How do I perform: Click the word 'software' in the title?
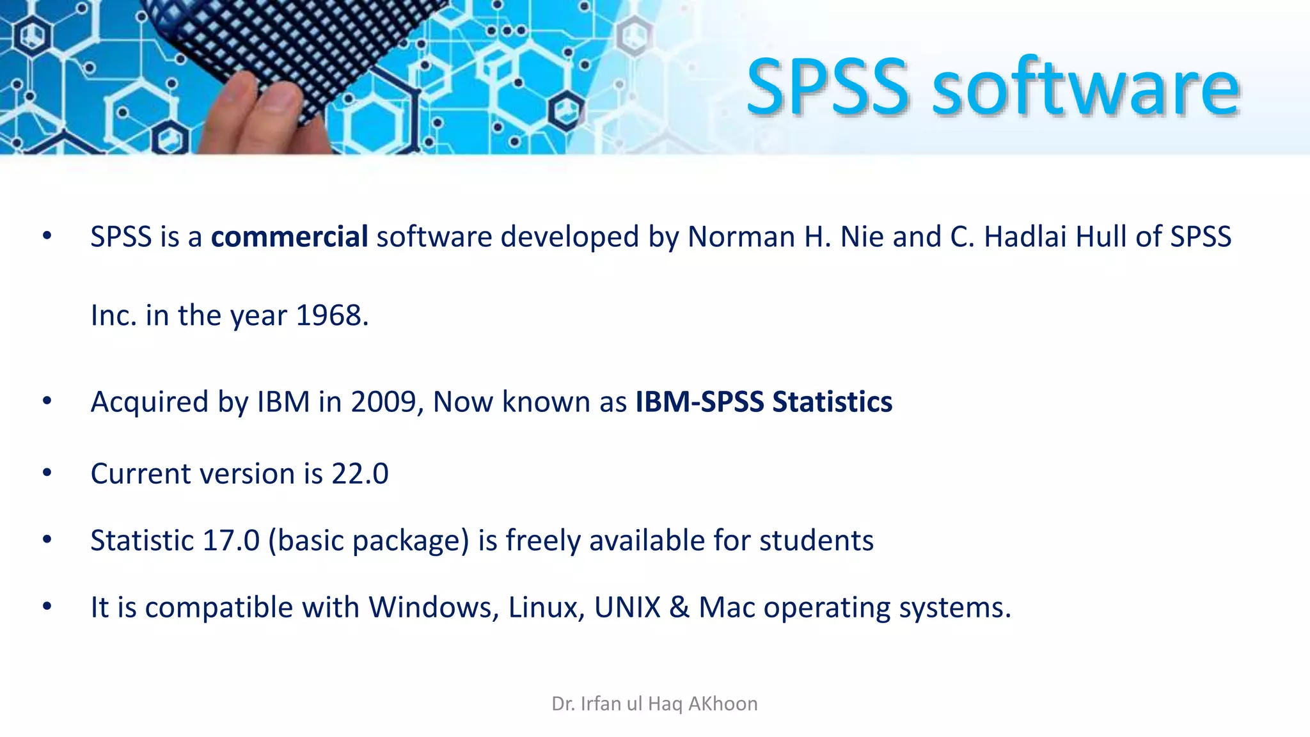1086,88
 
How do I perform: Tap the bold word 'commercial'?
289,237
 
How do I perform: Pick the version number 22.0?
359,474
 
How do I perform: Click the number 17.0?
231,541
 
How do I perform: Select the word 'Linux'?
546,607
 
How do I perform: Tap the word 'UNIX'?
627,607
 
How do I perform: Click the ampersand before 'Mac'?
679,607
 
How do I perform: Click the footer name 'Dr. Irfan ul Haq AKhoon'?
654,704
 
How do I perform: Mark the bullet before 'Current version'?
47,473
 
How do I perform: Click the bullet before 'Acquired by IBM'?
47,402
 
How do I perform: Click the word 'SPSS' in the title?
828,88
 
